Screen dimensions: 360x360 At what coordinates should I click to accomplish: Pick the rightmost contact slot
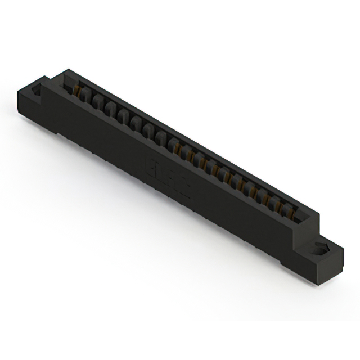pyautogui.click(x=290, y=212)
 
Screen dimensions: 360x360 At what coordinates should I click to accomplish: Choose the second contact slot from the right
pyautogui.click(x=280, y=206)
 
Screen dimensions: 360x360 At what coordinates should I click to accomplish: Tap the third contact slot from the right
pyautogui.click(x=268, y=200)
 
